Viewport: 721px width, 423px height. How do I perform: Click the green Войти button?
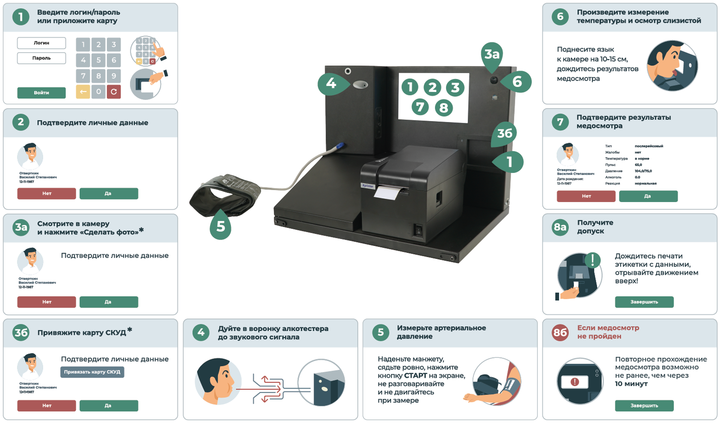(x=41, y=92)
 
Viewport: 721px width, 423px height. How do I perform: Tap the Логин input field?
(x=41, y=43)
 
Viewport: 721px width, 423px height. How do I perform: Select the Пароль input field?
(x=41, y=58)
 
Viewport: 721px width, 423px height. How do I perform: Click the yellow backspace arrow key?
(x=83, y=92)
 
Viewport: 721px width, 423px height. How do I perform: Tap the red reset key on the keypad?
(x=114, y=92)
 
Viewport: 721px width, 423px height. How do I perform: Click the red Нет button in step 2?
(x=46, y=194)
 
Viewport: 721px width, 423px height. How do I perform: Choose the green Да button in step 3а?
(x=108, y=302)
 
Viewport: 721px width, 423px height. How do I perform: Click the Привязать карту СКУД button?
(x=92, y=372)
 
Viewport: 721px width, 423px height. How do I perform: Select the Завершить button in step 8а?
(x=644, y=302)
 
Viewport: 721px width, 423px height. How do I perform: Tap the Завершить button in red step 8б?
(x=644, y=405)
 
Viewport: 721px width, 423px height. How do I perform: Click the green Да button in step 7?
(x=648, y=196)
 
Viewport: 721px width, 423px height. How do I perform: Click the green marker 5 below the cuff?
(x=221, y=226)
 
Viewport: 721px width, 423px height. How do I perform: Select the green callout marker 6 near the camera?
(x=517, y=82)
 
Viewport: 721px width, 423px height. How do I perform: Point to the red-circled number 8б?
(x=560, y=332)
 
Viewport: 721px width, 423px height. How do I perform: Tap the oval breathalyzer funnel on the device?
(x=360, y=85)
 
